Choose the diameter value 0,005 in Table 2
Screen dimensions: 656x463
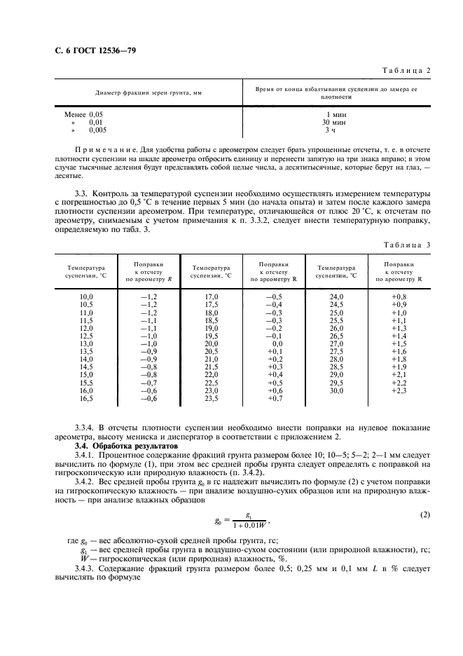[98, 130]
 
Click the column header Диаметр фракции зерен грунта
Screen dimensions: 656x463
[143, 93]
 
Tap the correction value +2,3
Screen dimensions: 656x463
[400, 390]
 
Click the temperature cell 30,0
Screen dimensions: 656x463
[336, 390]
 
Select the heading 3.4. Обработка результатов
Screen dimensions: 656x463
[127, 445]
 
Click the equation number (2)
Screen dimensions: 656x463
[424, 515]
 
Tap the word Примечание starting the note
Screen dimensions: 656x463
[104, 151]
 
